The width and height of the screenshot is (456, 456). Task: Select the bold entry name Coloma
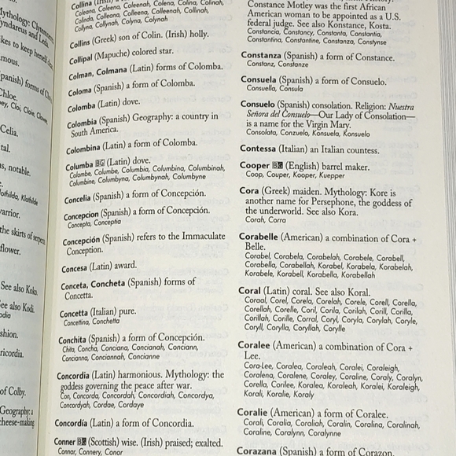[x=81, y=108]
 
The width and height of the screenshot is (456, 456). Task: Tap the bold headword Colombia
[x=84, y=123]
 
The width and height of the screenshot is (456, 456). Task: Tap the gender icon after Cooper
[x=278, y=165]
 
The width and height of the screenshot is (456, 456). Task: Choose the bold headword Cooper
[x=254, y=165]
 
